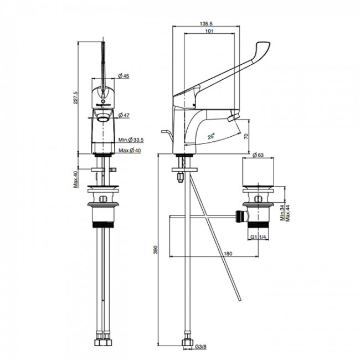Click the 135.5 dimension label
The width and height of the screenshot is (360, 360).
coord(206,23)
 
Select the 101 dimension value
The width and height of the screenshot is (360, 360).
coord(209,31)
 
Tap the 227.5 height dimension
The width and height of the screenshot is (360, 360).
coord(76,97)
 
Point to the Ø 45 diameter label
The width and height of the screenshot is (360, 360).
coord(124,76)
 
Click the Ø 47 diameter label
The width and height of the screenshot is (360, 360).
coord(124,115)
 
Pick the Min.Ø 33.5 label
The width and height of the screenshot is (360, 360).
coord(131,140)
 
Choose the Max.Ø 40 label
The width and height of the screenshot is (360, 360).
coord(130,151)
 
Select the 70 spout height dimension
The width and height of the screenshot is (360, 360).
coord(246,136)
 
